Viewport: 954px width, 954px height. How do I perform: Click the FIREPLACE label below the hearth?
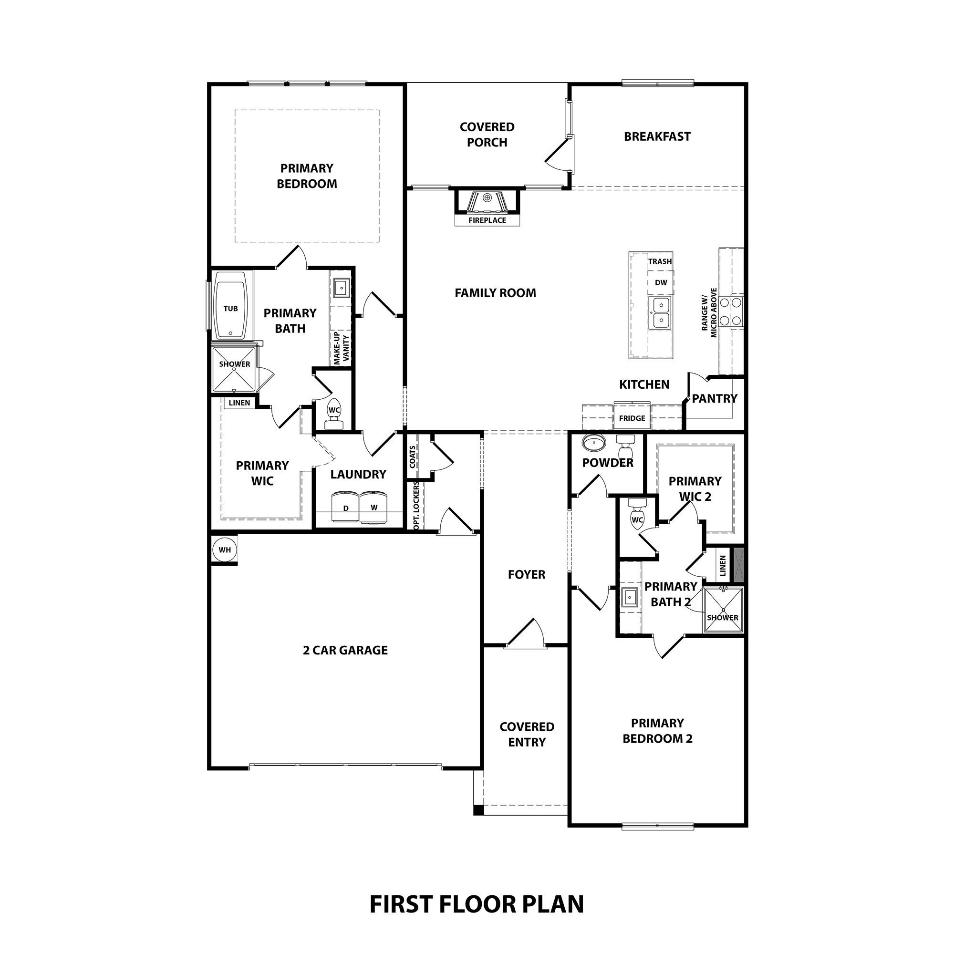[487, 220]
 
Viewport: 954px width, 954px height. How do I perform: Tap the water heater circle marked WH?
[225, 550]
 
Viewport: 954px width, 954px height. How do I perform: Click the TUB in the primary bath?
[230, 310]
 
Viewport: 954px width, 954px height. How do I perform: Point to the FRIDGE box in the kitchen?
[632, 418]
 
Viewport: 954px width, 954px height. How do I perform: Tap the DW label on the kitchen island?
[661, 282]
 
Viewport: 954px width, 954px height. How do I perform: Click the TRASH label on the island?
[660, 261]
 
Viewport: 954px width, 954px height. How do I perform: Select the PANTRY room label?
[714, 398]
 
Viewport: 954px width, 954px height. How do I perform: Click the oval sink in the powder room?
[593, 443]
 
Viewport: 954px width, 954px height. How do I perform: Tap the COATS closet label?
[412, 456]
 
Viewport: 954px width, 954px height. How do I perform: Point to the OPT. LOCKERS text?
[416, 506]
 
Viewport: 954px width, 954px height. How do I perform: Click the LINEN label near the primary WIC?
[239, 403]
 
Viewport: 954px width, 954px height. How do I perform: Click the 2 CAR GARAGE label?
[345, 650]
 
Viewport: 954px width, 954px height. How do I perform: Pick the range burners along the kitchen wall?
[731, 311]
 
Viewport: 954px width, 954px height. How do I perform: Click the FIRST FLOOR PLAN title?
[477, 904]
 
